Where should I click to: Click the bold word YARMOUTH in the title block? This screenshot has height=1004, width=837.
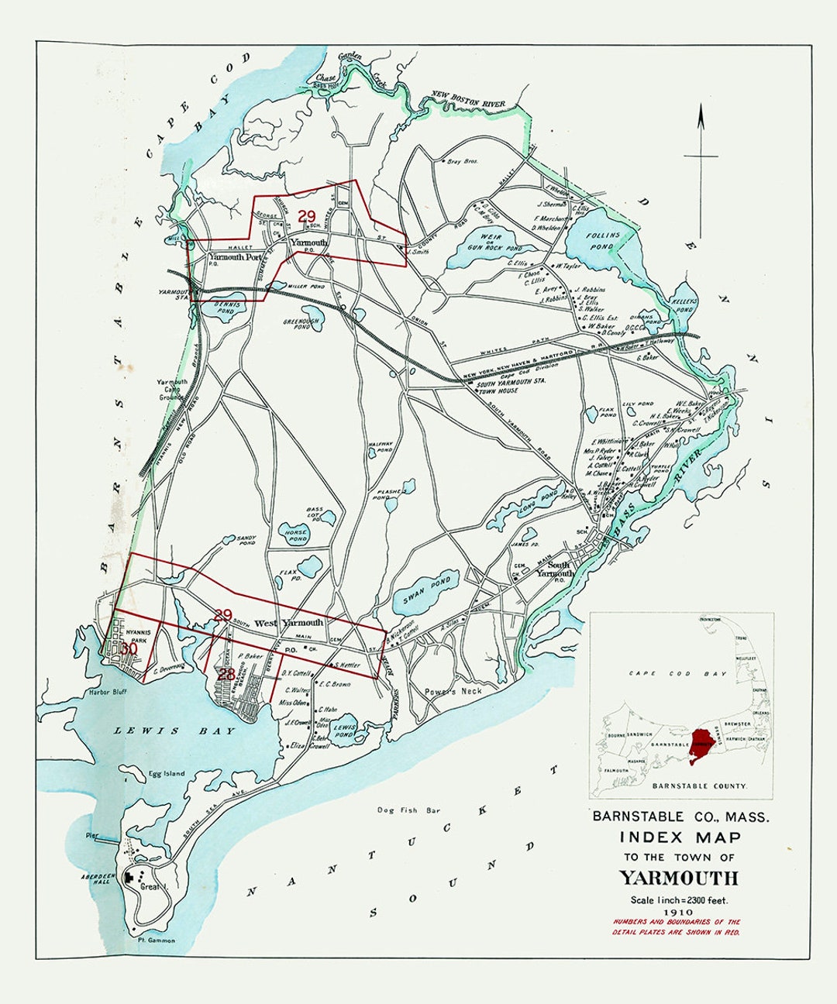[678, 878]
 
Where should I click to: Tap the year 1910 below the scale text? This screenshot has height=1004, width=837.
[678, 912]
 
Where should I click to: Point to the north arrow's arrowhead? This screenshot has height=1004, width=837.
[701, 116]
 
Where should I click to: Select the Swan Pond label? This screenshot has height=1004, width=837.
[426, 591]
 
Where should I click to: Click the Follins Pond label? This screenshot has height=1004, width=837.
[603, 239]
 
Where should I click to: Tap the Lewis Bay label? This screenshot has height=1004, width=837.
[147, 731]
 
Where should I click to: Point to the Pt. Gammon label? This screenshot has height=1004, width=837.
[156, 940]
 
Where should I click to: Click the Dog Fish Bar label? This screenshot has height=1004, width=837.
[408, 810]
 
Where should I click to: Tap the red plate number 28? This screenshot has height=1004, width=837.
[226, 674]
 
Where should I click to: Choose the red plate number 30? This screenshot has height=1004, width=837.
[129, 648]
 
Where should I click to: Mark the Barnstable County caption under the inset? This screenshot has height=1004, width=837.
[700, 786]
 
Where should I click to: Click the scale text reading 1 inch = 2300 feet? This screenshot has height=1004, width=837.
[678, 899]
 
